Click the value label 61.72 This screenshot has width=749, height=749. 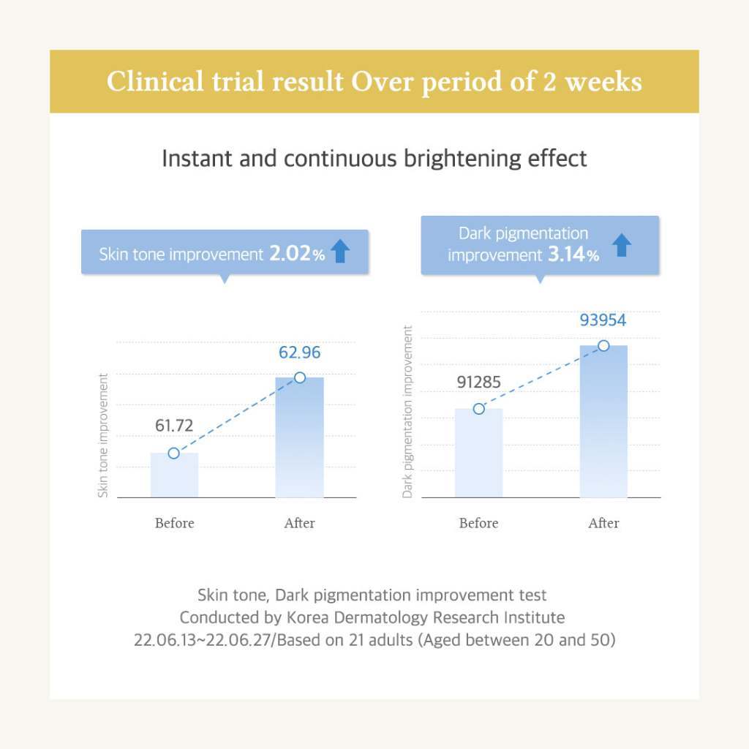[174, 425]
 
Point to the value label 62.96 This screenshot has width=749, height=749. [299, 353]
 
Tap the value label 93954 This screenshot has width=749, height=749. [603, 320]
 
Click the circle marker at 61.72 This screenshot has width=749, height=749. [173, 453]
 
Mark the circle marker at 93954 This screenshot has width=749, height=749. [603, 345]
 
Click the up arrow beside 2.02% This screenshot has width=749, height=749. [340, 251]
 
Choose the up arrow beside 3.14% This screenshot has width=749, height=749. [622, 245]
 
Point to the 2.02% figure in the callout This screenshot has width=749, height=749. [296, 254]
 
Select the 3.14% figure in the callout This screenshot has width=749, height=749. [573, 255]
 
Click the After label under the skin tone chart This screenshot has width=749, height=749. [299, 523]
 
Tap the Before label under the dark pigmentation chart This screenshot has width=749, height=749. [478, 523]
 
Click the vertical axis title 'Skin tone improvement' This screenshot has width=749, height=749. [103, 435]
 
